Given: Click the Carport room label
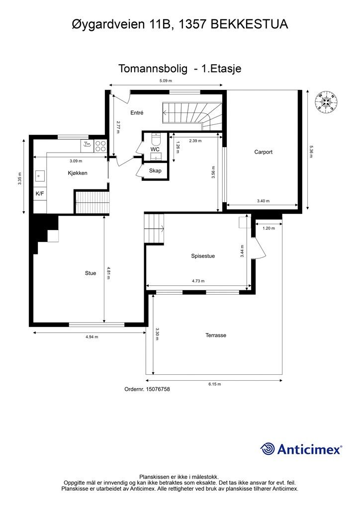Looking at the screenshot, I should pyautogui.click(x=263, y=152).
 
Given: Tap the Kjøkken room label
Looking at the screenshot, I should pyautogui.click(x=78, y=173).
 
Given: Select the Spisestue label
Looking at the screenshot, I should pyautogui.click(x=203, y=256).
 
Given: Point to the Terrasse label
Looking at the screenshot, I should pyautogui.click(x=216, y=336).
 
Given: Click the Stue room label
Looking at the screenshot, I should pyautogui.click(x=90, y=273).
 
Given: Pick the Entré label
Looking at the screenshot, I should pyautogui.click(x=137, y=113).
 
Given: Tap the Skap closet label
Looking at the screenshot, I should pyautogui.click(x=155, y=170).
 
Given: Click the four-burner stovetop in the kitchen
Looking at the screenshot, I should pyautogui.click(x=100, y=146).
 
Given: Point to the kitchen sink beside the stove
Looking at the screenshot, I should pyautogui.click(x=87, y=145).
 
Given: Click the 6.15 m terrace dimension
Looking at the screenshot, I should pyautogui.click(x=214, y=384).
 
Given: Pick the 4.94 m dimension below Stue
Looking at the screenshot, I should pyautogui.click(x=91, y=337).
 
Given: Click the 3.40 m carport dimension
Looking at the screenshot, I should pyautogui.click(x=263, y=201).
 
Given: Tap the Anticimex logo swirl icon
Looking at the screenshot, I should pyautogui.click(x=268, y=449).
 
